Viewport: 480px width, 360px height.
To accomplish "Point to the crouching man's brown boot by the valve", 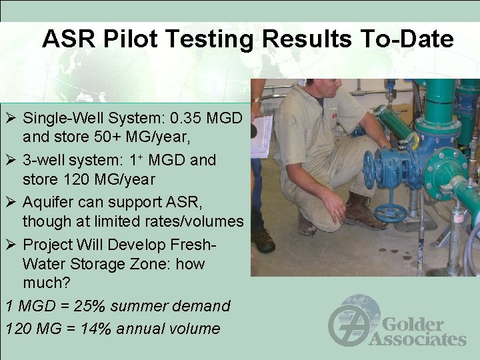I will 363,212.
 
